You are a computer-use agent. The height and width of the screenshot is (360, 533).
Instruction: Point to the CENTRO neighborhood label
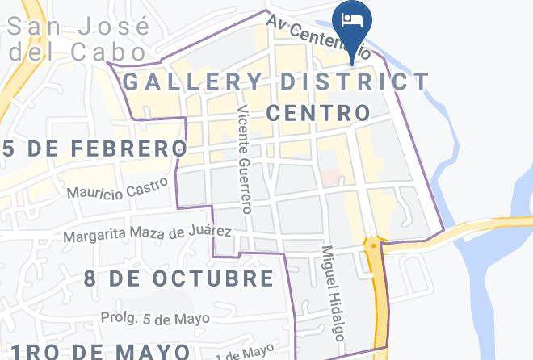coord(317,112)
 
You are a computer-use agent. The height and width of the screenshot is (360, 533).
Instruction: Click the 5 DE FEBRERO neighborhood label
coord(94,149)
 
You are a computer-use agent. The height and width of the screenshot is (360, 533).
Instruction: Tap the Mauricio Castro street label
coord(118,188)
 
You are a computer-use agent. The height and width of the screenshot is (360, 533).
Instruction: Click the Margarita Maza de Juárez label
coord(148,235)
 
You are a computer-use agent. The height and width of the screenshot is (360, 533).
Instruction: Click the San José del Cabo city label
coord(79,39)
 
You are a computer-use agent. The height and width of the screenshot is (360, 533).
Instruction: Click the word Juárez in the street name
coord(212,232)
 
